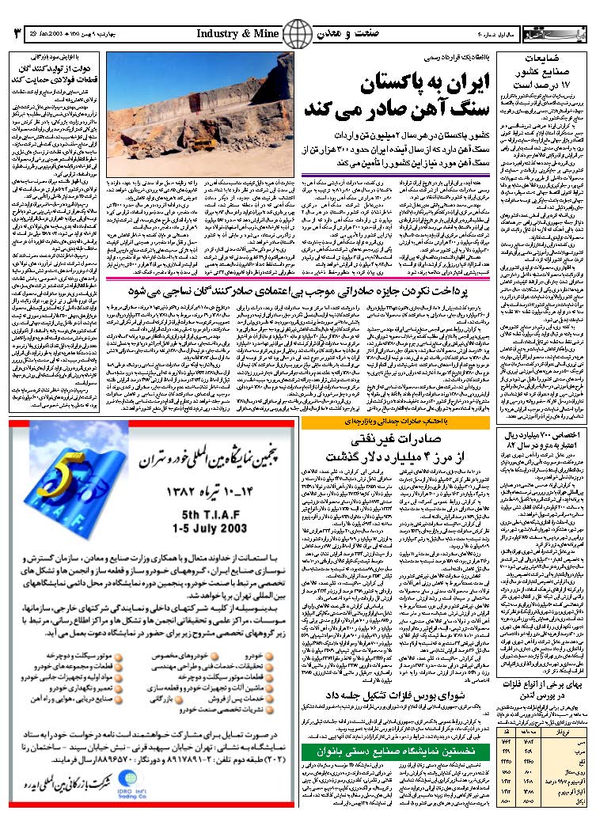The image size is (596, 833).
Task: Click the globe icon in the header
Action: click(x=298, y=35)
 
